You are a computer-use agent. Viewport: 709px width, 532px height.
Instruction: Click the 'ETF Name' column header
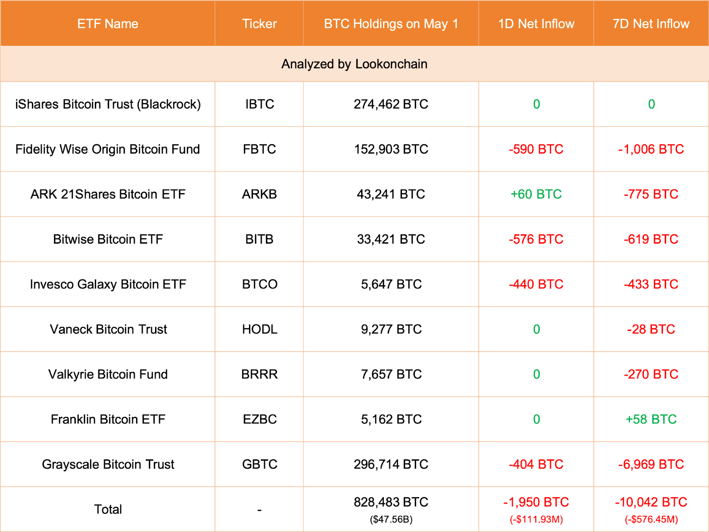pyautogui.click(x=108, y=24)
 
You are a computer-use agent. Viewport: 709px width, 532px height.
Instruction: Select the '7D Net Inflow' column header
pyautogui.click(x=651, y=24)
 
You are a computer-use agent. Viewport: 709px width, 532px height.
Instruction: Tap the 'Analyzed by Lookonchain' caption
pyautogui.click(x=354, y=64)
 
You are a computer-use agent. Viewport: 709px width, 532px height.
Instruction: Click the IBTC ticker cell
pyautogui.click(x=259, y=104)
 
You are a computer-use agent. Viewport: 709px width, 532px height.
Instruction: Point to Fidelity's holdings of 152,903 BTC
pyautogui.click(x=391, y=149)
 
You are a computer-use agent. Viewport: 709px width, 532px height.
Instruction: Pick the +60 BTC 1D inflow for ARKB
pyautogui.click(x=536, y=194)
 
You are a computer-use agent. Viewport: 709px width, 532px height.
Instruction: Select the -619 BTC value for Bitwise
pyautogui.click(x=651, y=239)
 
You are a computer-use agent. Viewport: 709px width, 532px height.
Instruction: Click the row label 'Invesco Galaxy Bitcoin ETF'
pyautogui.click(x=108, y=284)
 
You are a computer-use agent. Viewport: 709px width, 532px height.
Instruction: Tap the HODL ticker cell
pyautogui.click(x=259, y=329)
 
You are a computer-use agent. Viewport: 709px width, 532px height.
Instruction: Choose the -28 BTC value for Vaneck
pyautogui.click(x=651, y=329)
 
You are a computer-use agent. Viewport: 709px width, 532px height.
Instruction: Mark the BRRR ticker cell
pyautogui.click(x=259, y=374)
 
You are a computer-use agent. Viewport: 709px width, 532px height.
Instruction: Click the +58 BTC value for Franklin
pyautogui.click(x=651, y=419)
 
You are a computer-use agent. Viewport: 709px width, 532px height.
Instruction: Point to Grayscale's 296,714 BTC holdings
pyautogui.click(x=391, y=464)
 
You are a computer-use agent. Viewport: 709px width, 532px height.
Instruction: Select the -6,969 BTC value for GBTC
pyautogui.click(x=651, y=464)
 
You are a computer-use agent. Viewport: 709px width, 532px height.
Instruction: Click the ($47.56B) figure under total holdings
pyautogui.click(x=391, y=519)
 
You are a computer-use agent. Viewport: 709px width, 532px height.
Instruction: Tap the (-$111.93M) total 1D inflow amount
pyautogui.click(x=536, y=519)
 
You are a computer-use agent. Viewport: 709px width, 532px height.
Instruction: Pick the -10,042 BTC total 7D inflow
pyautogui.click(x=651, y=502)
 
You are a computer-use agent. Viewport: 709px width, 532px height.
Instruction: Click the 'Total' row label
pyautogui.click(x=108, y=509)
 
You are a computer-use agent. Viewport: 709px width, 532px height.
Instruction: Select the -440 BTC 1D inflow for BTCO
pyautogui.click(x=536, y=284)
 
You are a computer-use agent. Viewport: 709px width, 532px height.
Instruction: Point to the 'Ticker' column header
pyautogui.click(x=259, y=24)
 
